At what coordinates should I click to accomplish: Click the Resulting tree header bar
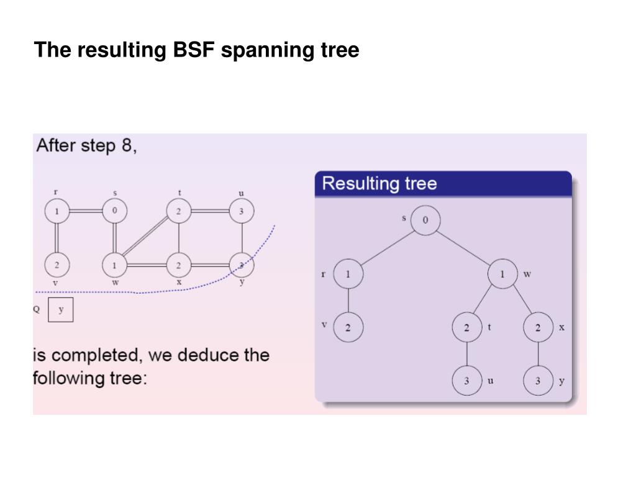(x=443, y=184)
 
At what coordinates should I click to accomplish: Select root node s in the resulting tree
(x=425, y=220)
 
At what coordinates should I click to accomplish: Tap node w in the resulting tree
(x=502, y=274)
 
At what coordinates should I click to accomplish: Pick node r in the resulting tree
(x=348, y=274)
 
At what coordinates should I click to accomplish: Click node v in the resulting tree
(x=348, y=327)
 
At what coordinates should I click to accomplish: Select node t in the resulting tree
(x=467, y=327)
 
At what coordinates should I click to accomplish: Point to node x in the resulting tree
(x=538, y=327)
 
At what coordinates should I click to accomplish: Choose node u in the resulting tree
(x=467, y=381)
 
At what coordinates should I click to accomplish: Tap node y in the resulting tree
(x=538, y=381)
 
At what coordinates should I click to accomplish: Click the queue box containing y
(x=61, y=310)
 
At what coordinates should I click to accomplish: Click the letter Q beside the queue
(x=37, y=309)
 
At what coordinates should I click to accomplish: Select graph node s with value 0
(x=114, y=211)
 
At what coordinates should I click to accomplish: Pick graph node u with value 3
(x=242, y=211)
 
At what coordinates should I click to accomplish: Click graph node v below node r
(x=57, y=265)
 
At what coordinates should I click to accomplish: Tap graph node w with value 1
(x=114, y=265)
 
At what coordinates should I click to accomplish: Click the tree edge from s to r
(x=387, y=248)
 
